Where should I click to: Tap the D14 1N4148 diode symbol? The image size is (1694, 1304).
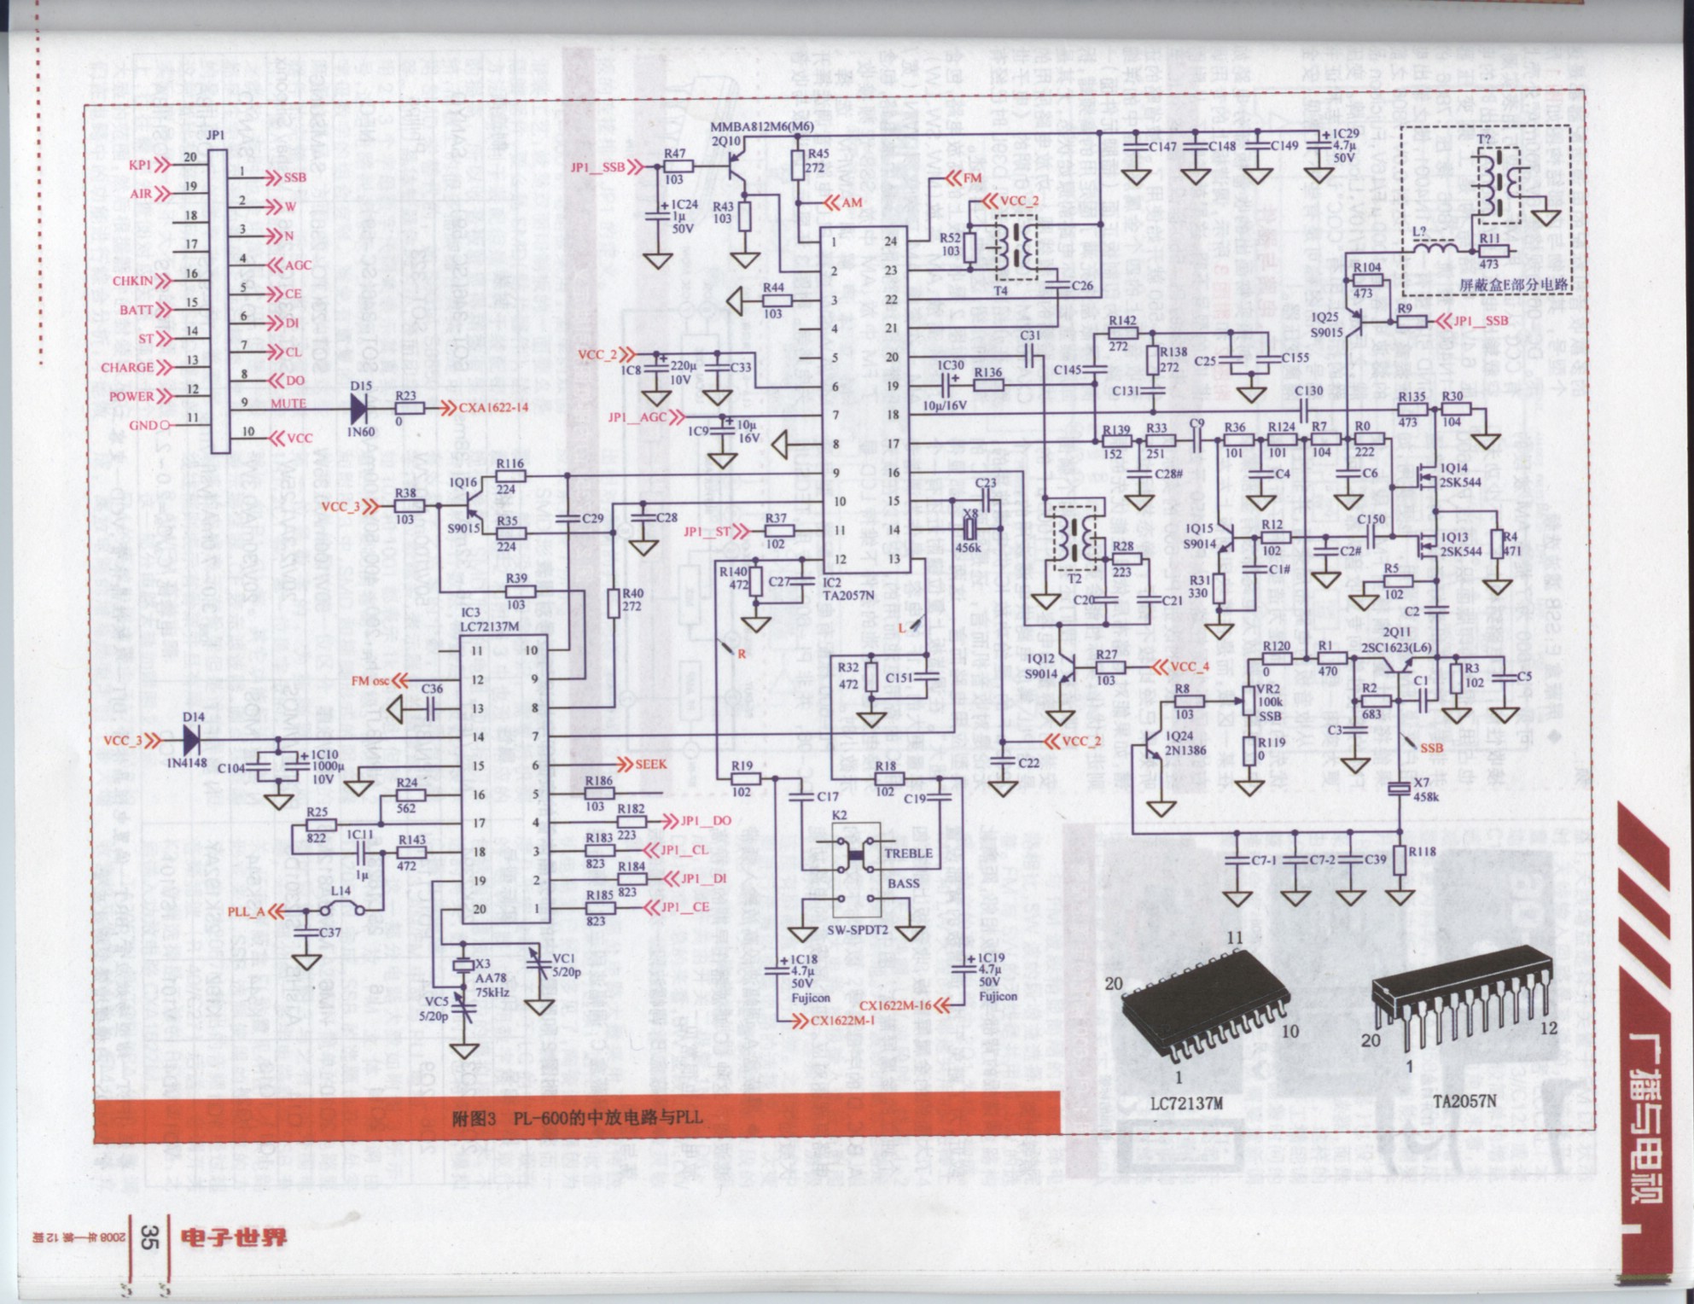pyautogui.click(x=192, y=739)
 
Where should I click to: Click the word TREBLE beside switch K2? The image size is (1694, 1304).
pyautogui.click(x=908, y=853)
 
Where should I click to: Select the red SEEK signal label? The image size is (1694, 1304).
pyautogui.click(x=650, y=765)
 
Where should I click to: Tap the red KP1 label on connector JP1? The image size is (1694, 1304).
pyautogui.click(x=140, y=165)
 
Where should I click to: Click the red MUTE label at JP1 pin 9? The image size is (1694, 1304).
pyautogui.click(x=288, y=404)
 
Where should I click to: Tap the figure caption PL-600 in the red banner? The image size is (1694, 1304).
pyautogui.click(x=577, y=1117)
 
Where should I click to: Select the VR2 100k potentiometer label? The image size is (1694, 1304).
pyautogui.click(x=1270, y=702)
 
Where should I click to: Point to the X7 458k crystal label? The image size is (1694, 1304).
pyautogui.click(x=1426, y=790)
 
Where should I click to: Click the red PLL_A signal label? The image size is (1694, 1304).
pyautogui.click(x=247, y=911)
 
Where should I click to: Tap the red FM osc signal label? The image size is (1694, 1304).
pyautogui.click(x=370, y=681)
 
